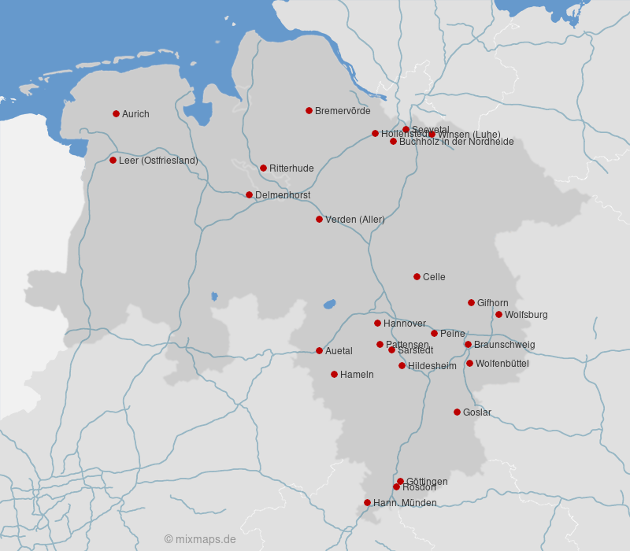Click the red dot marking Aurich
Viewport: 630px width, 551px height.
116,113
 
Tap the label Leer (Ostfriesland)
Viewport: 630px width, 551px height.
158,161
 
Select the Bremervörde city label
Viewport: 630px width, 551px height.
343,111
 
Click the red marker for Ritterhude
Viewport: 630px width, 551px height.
263,168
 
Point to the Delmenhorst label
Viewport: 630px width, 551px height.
283,195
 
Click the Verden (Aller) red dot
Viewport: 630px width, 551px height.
319,219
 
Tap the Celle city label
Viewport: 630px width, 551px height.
434,277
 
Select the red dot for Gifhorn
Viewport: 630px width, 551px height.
471,302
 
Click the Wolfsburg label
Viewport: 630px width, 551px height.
526,315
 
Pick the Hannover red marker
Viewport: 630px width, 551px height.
377,323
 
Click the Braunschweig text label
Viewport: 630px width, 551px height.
504,345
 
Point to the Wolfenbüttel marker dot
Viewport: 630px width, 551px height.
469,363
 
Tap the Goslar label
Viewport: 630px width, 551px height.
477,412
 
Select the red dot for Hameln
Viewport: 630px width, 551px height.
334,374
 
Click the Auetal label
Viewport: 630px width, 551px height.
339,351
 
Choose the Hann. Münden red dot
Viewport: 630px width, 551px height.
367,502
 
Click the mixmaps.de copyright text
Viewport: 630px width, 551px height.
200,539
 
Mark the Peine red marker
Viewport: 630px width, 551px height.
434,333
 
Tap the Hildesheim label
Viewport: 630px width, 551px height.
432,366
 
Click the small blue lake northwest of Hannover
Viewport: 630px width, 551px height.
329,304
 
